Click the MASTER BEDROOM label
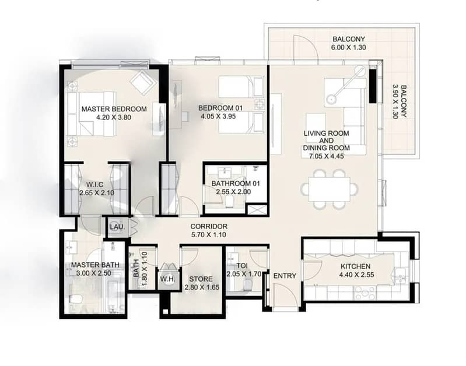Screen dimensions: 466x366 [x=114, y=109]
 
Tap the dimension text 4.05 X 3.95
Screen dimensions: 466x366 [x=218, y=117]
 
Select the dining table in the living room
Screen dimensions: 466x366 [x=329, y=189]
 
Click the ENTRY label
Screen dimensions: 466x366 [x=285, y=276]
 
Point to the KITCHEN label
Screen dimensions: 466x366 [x=355, y=266]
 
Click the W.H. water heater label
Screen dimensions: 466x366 [x=167, y=279]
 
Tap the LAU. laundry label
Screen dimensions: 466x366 [x=117, y=227]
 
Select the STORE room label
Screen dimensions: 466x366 [x=201, y=279]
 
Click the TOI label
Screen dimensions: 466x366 [x=242, y=265]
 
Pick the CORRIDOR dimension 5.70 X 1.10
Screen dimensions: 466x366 [x=209, y=235]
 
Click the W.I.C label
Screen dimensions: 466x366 [x=95, y=185]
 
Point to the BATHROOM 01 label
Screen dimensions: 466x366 [x=236, y=184]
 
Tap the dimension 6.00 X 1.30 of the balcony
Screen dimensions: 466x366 [x=348, y=47]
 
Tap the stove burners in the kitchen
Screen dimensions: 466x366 [x=365, y=293]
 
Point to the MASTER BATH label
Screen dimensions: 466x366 [x=95, y=265]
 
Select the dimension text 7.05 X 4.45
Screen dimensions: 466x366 [x=327, y=156]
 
